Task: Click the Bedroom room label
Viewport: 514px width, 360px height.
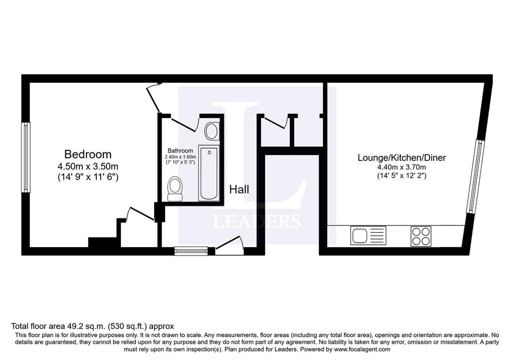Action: point(88,154)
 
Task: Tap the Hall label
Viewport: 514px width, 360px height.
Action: point(239,189)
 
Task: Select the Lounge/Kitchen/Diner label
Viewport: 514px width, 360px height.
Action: point(402,158)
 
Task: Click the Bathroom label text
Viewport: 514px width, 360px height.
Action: point(180,151)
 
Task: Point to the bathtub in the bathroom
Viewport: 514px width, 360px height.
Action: point(209,173)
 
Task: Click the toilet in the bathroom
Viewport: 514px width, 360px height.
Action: point(175,188)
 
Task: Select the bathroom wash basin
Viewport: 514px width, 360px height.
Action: point(212,131)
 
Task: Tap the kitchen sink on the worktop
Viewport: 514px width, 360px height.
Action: point(368,235)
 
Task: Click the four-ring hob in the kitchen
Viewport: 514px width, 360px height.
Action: point(421,236)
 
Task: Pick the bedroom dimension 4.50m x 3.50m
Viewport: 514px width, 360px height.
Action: point(88,167)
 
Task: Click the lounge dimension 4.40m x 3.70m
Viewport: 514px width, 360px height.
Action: point(402,168)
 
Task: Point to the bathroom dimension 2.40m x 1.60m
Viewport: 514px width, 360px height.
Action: point(180,157)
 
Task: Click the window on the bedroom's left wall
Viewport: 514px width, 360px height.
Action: point(26,157)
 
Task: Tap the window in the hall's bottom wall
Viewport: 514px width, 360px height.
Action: point(191,251)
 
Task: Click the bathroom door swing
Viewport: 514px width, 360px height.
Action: point(185,124)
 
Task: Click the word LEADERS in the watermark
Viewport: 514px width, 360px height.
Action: point(256,221)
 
